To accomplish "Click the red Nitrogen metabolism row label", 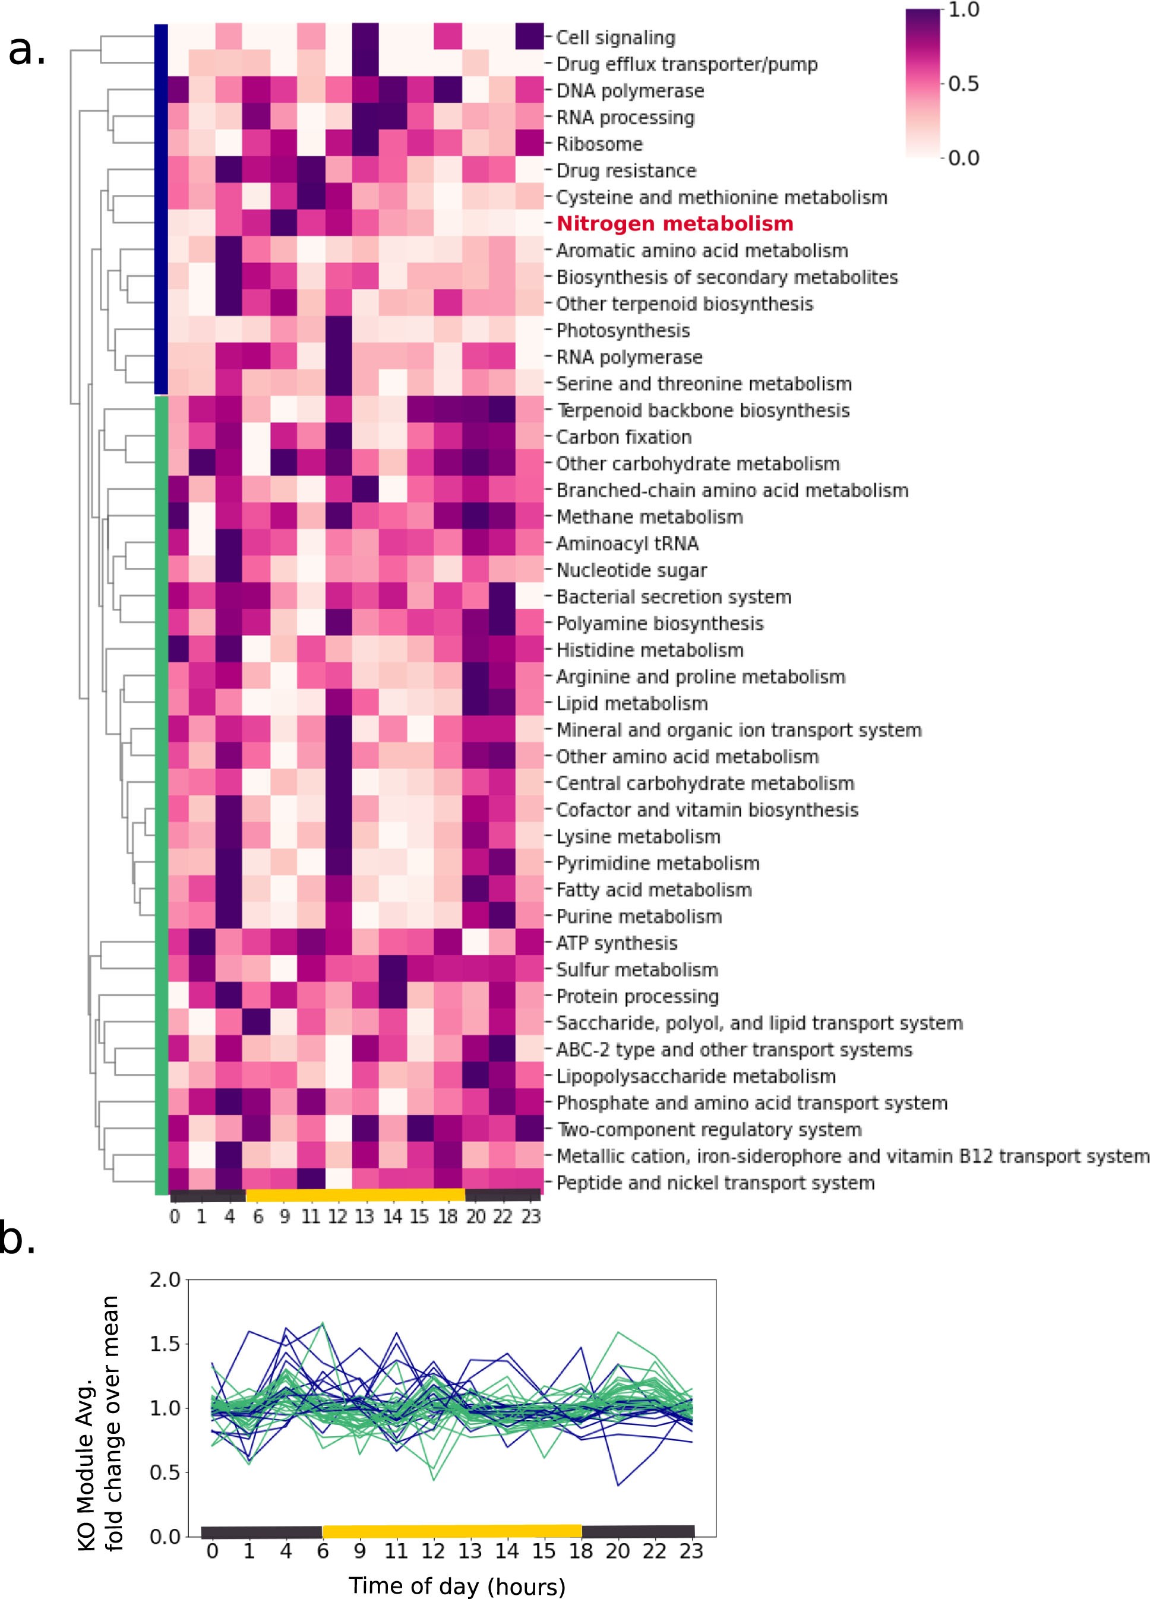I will tap(674, 223).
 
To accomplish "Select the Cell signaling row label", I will tap(615, 37).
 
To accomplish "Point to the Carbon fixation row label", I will tap(623, 437).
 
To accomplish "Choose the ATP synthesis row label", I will tap(616, 943).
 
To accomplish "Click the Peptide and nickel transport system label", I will tap(715, 1183).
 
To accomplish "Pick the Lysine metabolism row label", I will tap(638, 836).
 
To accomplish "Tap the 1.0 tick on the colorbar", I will tap(963, 10).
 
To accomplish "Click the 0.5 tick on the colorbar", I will tap(963, 84).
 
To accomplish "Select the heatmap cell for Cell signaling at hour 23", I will tap(529, 37).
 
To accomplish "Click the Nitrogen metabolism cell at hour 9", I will tap(285, 223).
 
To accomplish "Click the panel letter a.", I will tap(27, 50).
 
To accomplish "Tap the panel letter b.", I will tap(18, 1259).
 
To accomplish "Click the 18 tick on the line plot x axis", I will tap(581, 1551).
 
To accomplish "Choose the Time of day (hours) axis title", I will tap(457, 1585).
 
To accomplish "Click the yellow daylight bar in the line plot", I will tap(451, 1531).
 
